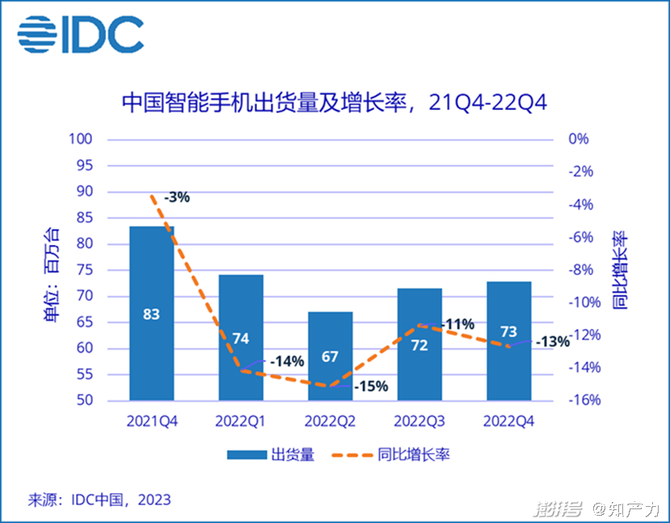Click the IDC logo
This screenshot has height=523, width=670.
point(81,35)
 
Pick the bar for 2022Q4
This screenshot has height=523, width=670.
point(508,356)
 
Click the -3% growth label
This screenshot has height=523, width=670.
point(176,196)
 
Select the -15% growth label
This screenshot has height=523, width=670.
point(371,386)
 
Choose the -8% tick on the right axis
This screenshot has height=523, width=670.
point(581,270)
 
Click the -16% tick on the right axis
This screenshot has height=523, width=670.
point(581,401)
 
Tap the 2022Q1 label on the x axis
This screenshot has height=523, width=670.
point(240,421)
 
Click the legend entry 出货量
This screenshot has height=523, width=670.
point(291,454)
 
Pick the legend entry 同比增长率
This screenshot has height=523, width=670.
point(413,454)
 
